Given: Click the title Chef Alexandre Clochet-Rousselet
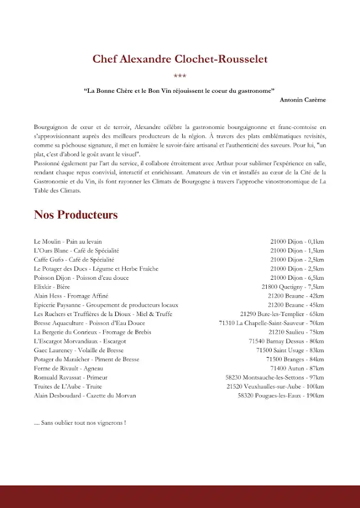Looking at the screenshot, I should tap(180, 59).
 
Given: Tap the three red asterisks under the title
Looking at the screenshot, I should tap(180, 76).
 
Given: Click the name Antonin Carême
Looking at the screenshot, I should tap(303, 100).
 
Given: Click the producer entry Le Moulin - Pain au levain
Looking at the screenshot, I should tap(68, 242).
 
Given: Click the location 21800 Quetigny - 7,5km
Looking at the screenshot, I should tap(292, 287).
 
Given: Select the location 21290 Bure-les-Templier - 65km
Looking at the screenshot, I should tap(282, 314).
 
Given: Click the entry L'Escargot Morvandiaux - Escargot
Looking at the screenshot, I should tap(80, 341).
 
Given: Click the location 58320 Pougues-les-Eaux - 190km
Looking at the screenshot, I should tap(281, 395).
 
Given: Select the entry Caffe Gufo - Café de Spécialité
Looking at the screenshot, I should tap(74, 259).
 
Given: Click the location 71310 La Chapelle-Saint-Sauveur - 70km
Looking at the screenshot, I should tap(271, 323).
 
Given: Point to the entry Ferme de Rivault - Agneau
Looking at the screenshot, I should tap(69, 369).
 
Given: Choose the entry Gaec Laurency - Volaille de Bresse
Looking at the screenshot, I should tap(78, 350).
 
